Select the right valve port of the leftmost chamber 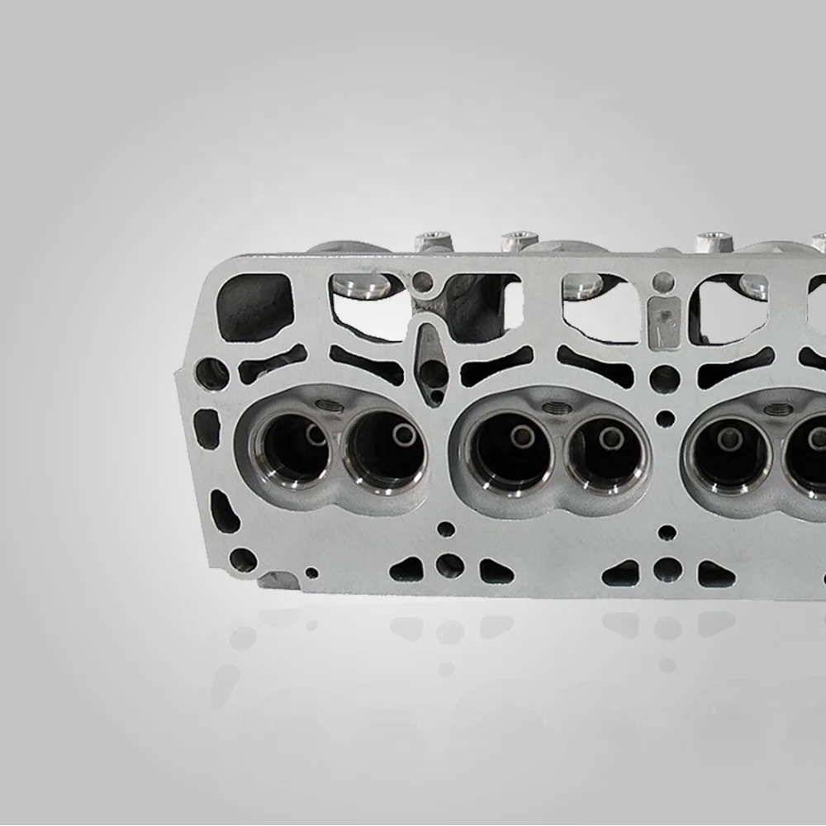pyautogui.click(x=385, y=450)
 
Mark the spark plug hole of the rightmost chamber pyautogui.click(x=778, y=409)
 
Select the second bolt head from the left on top pyautogui.click(x=519, y=240)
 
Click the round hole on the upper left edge pyautogui.click(x=211, y=373)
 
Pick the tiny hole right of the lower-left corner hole pyautogui.click(x=311, y=572)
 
